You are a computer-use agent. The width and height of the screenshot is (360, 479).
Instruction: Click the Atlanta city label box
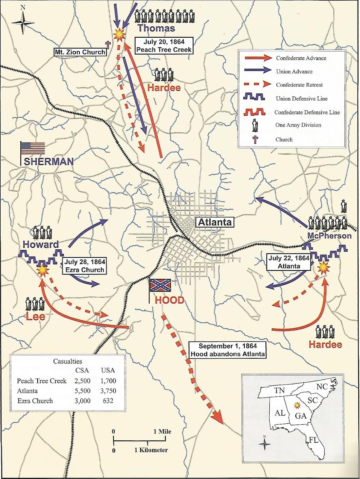coord(215,222)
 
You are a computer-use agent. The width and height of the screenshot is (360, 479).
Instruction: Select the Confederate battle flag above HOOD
coord(161,285)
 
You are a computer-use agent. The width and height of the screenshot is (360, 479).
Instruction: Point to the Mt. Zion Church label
coord(80,52)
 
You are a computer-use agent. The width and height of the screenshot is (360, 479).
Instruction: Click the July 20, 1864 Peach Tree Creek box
coord(163,46)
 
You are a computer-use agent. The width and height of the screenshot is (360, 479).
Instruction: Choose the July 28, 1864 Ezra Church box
coord(85,266)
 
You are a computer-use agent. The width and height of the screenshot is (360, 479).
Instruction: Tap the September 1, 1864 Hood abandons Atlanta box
coord(228,350)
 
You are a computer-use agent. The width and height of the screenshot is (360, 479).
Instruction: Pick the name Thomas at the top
coord(156,28)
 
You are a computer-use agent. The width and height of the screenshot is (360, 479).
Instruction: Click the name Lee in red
coord(35,316)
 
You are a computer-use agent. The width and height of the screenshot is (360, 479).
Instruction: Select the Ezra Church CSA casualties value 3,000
coord(82,401)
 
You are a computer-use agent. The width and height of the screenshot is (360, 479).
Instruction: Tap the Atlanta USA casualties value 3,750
coord(108,391)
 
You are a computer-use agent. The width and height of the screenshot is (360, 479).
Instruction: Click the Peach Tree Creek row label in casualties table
coord(42,381)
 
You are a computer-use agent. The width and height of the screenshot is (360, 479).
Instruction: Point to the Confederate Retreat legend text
coord(299,85)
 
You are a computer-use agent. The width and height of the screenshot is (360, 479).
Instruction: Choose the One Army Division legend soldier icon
coord(255,125)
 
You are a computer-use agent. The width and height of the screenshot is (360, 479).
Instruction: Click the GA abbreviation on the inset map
coord(300,416)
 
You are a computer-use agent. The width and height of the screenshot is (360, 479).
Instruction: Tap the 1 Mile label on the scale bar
coord(162,431)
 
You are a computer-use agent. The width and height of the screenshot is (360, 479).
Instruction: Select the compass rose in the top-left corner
coord(23,23)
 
